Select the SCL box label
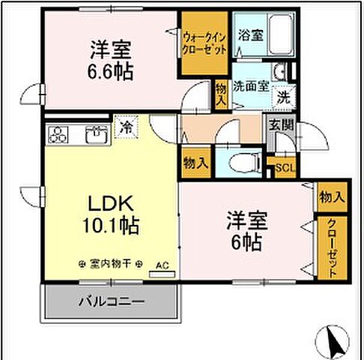coord(284,168)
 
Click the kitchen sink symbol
coord(95,136)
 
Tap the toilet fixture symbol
coord(240,162)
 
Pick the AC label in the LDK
coord(161,265)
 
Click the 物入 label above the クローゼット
coord(330,197)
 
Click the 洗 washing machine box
coord(283,95)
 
